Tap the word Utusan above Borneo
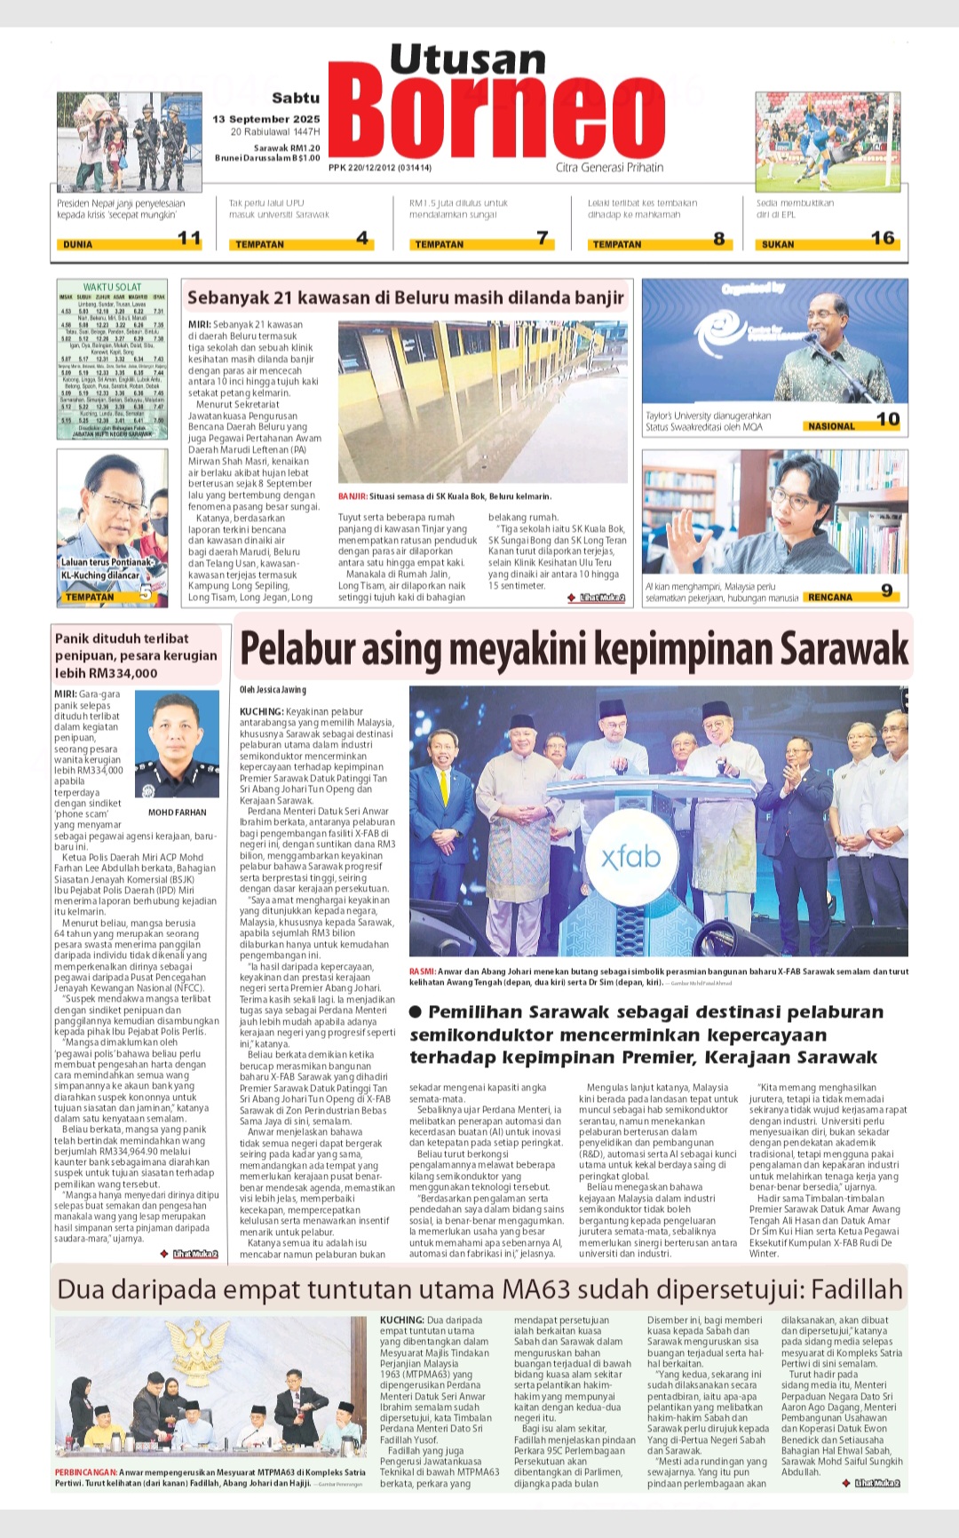(x=467, y=59)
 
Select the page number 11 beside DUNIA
(x=189, y=238)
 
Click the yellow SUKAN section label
(x=778, y=244)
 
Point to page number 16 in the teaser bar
(x=883, y=238)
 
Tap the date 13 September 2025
(x=266, y=119)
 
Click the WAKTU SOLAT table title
(x=112, y=287)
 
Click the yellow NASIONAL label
(x=831, y=426)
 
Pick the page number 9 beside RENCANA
(x=886, y=591)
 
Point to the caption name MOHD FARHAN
(x=177, y=813)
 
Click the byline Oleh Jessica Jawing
(x=273, y=690)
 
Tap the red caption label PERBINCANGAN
(x=85, y=1472)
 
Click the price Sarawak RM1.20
(x=287, y=148)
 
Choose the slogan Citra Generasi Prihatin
(x=609, y=167)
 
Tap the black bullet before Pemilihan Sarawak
(x=416, y=1012)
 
